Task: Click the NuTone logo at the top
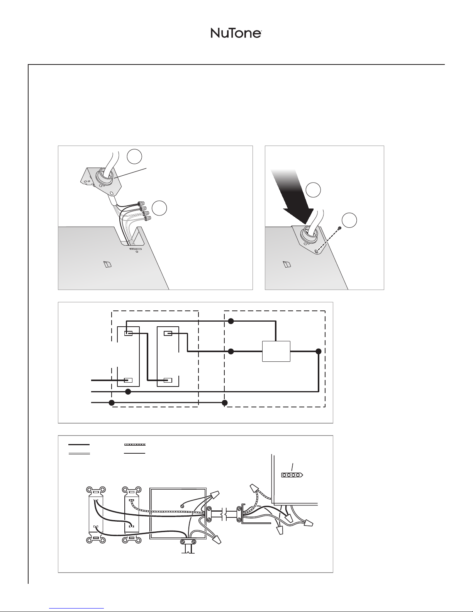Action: [236, 34]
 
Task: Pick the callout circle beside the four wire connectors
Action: [159, 208]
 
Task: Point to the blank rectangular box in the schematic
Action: [276, 351]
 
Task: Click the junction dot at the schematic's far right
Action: [318, 351]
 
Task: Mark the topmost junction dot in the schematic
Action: [231, 321]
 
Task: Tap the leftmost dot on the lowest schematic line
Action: [112, 403]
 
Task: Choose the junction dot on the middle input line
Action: [129, 392]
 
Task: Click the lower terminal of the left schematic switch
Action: [129, 380]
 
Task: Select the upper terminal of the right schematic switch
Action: [168, 333]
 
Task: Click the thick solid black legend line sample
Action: [79, 445]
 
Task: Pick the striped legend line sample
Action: [134, 445]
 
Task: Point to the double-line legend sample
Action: [79, 453]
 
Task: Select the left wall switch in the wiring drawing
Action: [96, 515]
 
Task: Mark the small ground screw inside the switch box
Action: [183, 505]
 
